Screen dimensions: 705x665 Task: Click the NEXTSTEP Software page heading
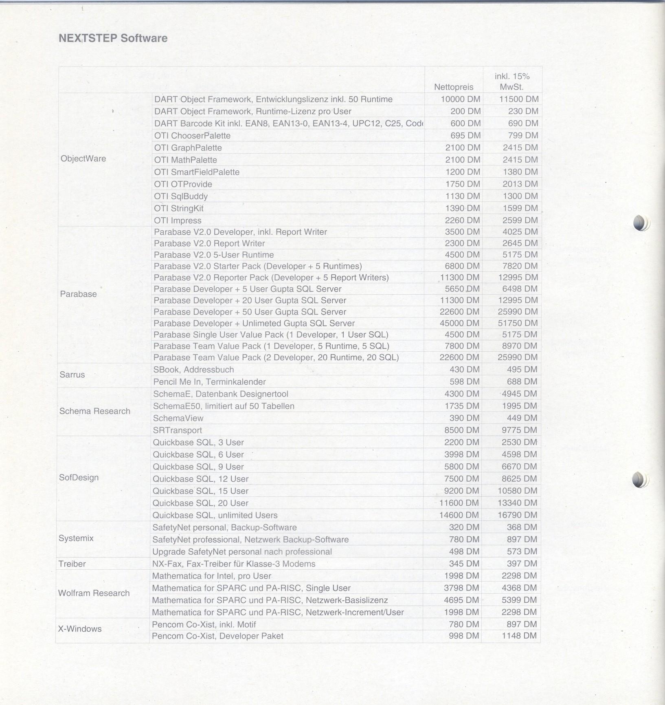(113, 38)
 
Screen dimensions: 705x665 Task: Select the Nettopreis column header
(454, 87)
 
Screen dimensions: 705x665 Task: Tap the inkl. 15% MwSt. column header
(512, 82)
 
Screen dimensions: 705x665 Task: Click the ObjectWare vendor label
(83, 159)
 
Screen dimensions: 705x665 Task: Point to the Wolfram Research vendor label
(94, 593)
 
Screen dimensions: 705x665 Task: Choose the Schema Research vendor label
(94, 411)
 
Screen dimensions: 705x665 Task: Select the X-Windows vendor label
(80, 629)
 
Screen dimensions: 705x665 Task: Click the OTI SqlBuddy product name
(181, 196)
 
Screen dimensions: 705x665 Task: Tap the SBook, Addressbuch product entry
(193, 370)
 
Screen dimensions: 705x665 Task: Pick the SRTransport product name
(177, 430)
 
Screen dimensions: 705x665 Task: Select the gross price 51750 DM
(518, 323)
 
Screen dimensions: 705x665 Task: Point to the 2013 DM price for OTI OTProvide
(520, 184)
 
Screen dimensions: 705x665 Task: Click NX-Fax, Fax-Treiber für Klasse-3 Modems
(233, 564)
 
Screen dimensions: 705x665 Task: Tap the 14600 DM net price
(459, 515)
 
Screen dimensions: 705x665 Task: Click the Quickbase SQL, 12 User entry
(200, 479)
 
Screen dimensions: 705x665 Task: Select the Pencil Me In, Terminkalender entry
(209, 382)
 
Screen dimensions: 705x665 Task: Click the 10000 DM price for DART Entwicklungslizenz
(460, 99)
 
